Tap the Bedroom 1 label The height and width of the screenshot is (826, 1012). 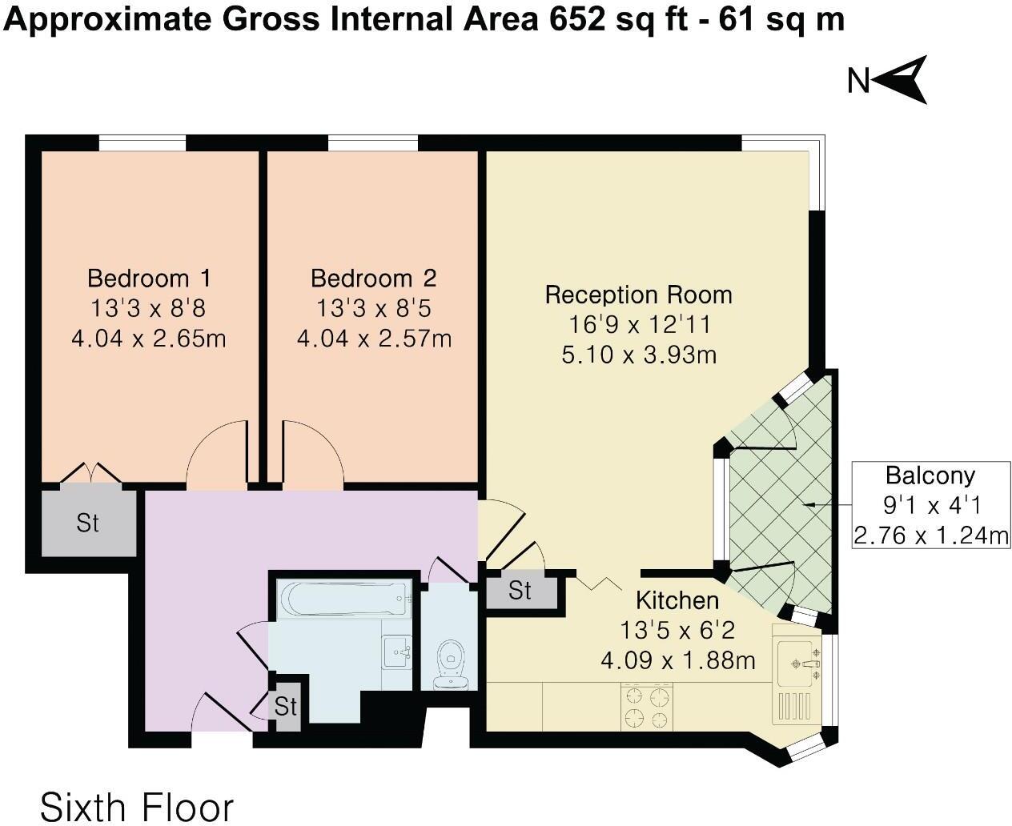pos(149,279)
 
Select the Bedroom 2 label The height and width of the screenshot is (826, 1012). pos(373,279)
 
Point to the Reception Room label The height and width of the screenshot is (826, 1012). pos(638,295)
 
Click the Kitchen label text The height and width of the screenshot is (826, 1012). pos(677,600)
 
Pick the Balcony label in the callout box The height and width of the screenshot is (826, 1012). pos(930,475)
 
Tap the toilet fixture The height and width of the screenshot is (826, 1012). pos(451,664)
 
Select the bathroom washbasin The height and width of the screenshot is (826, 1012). pos(397,652)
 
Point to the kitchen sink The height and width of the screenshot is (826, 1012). pos(799,663)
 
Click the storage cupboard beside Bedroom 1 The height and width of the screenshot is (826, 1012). pos(88,522)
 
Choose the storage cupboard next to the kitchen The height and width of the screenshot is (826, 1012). pos(520,591)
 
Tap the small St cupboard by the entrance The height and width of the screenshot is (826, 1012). pos(285,706)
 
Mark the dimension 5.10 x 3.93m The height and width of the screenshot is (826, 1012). pos(638,354)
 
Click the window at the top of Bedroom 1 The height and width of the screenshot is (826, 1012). pos(143,143)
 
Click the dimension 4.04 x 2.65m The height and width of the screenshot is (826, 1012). pos(149,339)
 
